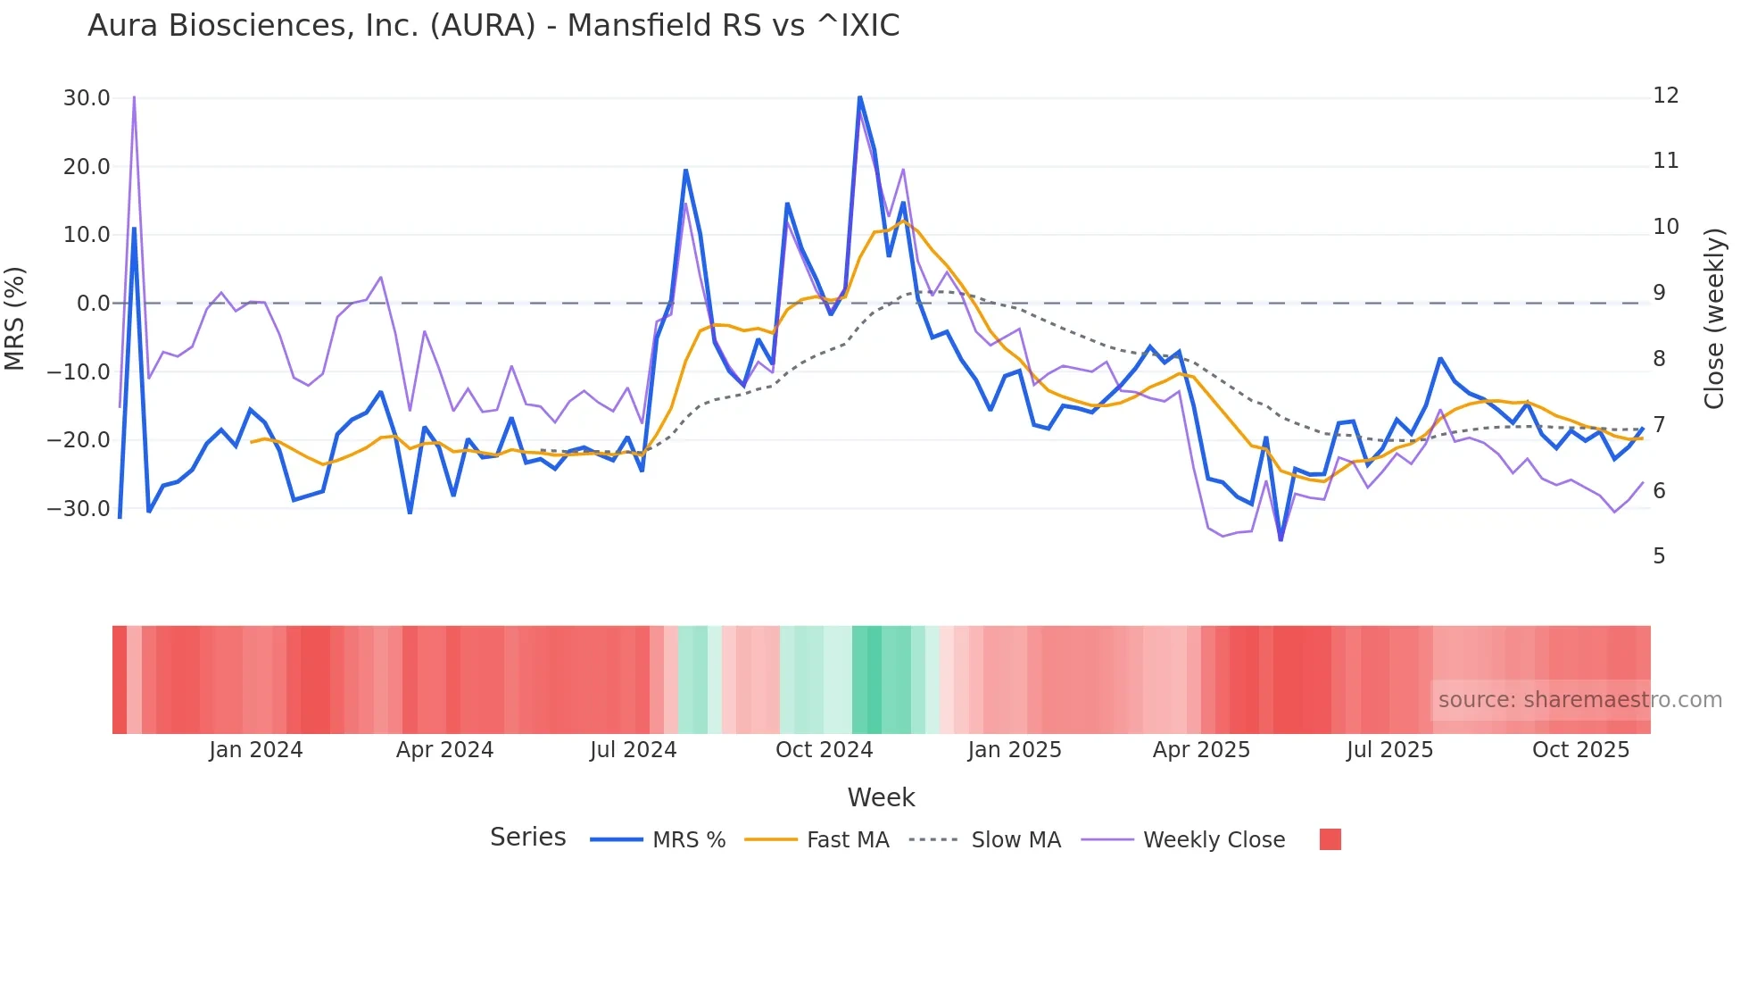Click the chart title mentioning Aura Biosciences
coord(493,26)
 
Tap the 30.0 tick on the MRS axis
coord(87,98)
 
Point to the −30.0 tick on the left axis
coord(79,509)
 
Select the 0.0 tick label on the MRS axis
coord(93,304)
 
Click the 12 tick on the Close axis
coord(1665,96)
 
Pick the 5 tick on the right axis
coord(1659,556)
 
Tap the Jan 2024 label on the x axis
coord(256,750)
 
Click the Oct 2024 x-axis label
coord(824,750)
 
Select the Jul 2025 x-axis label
coord(1389,750)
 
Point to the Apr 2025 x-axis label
coord(1201,750)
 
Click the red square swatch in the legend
coord(1330,839)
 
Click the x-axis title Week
coord(881,797)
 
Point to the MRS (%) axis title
coord(15,318)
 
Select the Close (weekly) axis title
coord(1713,318)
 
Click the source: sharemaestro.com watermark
coord(1579,700)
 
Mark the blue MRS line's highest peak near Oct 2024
coord(859,96)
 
